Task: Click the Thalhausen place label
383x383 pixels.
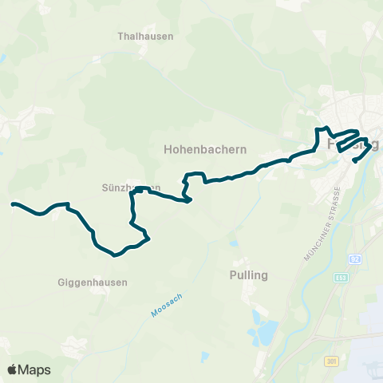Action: tap(145, 37)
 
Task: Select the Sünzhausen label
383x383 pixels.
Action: tap(126, 188)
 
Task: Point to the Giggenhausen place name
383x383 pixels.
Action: tap(93, 282)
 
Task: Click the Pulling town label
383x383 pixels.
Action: tap(250, 275)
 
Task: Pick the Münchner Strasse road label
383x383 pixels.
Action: tap(322, 224)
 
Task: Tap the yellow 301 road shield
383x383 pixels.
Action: tap(331, 362)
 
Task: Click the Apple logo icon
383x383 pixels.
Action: tap(14, 369)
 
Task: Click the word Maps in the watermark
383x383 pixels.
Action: tap(35, 369)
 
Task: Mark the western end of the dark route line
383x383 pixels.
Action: tap(13, 204)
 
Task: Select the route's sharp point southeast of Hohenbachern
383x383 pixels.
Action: tap(189, 201)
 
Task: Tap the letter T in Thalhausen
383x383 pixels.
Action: tap(120, 37)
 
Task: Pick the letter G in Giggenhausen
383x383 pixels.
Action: tap(62, 282)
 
